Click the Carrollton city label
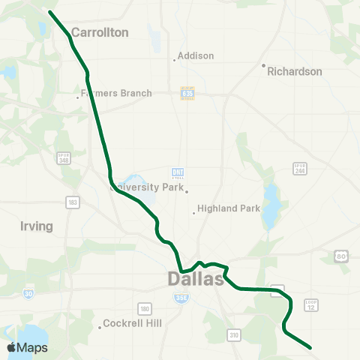(x=100, y=33)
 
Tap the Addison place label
(x=196, y=55)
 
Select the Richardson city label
(x=295, y=72)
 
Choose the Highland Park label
(x=228, y=208)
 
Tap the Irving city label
(x=37, y=226)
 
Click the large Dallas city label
(x=195, y=279)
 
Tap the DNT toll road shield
(x=178, y=173)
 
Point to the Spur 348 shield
(x=64, y=158)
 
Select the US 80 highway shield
(x=341, y=256)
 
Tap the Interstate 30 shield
(x=28, y=293)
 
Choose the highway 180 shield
(x=144, y=308)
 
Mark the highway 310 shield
(x=234, y=334)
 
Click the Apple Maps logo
(x=27, y=347)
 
